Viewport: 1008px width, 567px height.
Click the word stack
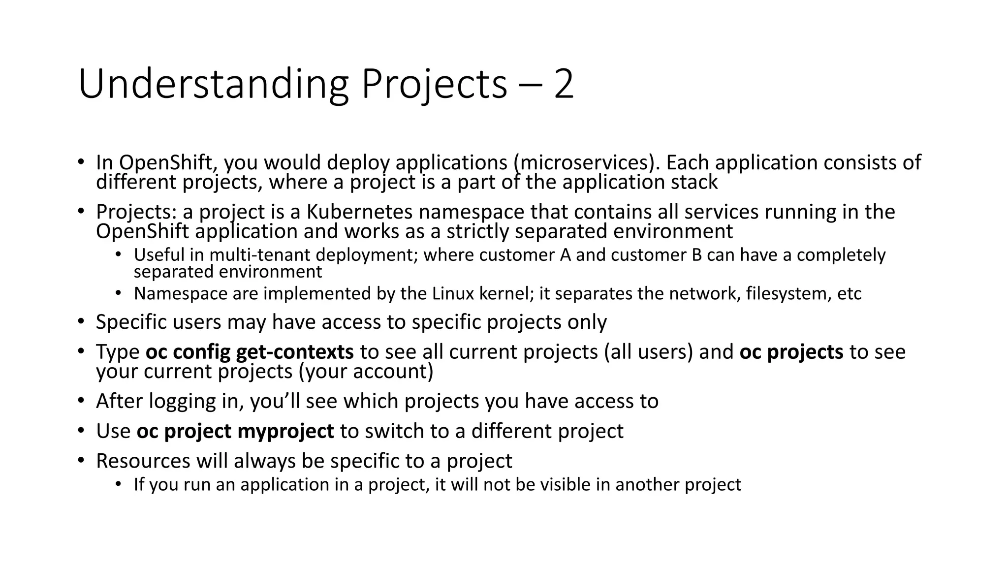(x=694, y=182)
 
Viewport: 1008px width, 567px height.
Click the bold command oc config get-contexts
(x=250, y=352)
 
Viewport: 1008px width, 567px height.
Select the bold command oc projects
(x=791, y=352)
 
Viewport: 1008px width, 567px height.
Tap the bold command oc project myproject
(x=235, y=431)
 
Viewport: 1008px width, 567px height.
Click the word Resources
(x=143, y=461)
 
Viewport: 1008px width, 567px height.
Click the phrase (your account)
(x=366, y=372)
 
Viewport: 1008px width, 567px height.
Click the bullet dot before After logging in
(x=81, y=401)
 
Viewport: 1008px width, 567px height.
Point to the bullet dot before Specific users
(x=81, y=322)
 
